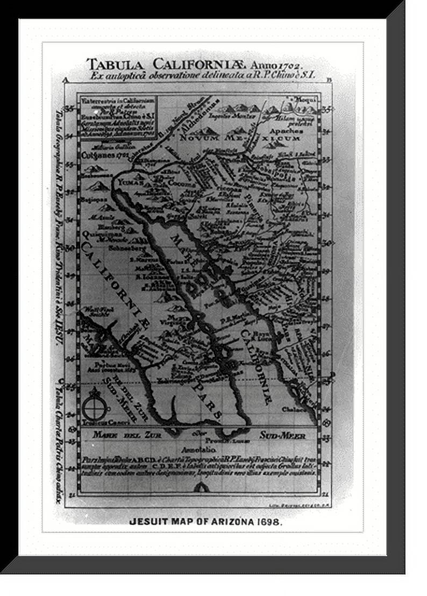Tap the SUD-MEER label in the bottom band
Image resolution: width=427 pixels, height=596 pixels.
283,435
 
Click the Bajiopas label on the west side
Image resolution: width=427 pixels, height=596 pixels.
92,199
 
